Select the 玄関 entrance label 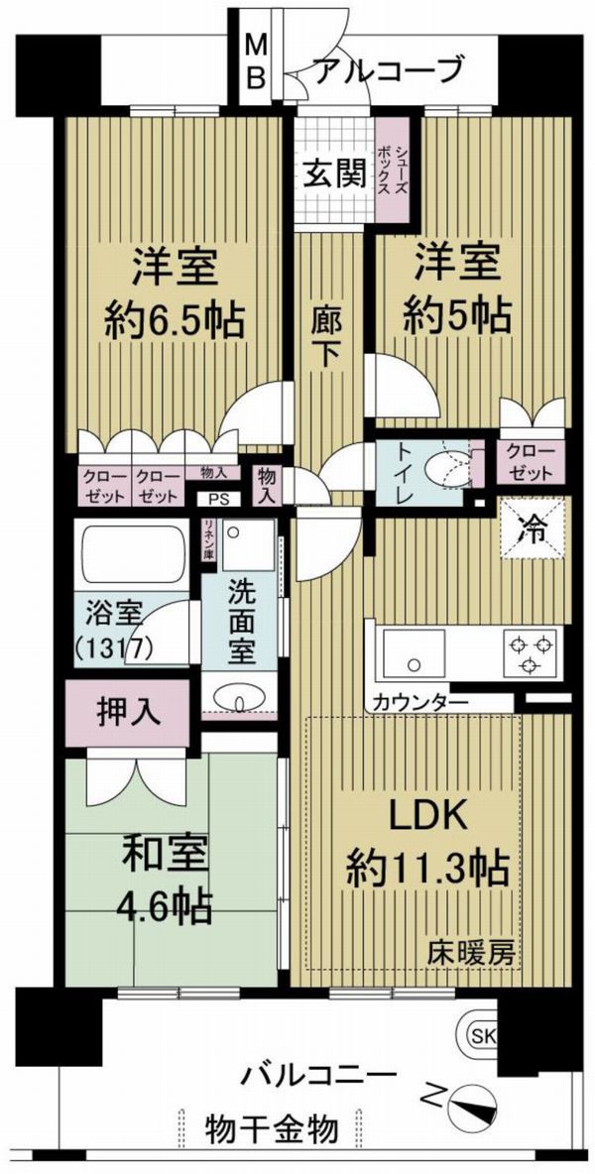[334, 176]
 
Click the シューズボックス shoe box [392, 170]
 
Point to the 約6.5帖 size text [176, 322]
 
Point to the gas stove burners [531, 652]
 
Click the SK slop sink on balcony [482, 1037]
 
